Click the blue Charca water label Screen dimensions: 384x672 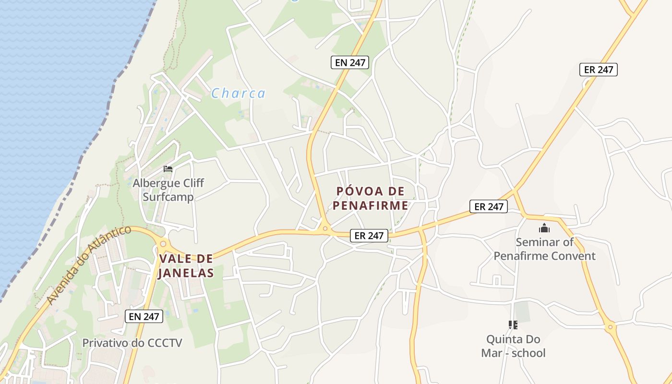tap(238, 93)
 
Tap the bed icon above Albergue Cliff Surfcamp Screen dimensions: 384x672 tap(168, 168)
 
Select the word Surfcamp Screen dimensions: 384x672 tap(168, 197)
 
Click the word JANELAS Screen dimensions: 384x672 tap(186, 273)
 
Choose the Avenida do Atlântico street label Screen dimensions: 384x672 tap(89, 264)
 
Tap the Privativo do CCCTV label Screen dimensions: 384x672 tap(132, 343)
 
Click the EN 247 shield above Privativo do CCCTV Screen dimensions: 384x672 tap(144, 316)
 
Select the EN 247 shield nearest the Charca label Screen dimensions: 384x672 tap(349, 62)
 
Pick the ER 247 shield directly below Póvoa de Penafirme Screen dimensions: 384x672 tap(369, 235)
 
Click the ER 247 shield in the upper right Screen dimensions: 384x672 tap(598, 70)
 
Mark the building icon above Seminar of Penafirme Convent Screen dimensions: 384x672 tap(544, 228)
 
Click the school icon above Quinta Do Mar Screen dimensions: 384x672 tap(513, 325)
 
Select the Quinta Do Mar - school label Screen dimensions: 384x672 tap(513, 346)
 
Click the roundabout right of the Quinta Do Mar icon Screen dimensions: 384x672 tap(611, 327)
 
